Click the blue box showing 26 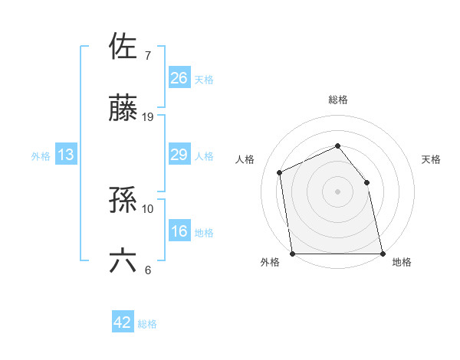pos(179,78)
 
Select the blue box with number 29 pos(179,155)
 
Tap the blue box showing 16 pos(179,232)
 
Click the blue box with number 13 pos(66,155)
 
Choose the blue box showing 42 pos(123,322)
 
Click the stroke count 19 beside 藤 pos(148,117)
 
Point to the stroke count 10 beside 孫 pos(148,208)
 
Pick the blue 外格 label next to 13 pos(41,156)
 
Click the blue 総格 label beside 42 pos(147,323)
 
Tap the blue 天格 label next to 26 pos(204,79)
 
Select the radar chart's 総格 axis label pos(337,100)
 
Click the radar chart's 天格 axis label pos(432,159)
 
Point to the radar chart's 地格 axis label pos(402,263)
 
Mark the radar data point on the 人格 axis pos(280,172)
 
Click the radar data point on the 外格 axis pos(293,254)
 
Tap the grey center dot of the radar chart pos(337,191)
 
